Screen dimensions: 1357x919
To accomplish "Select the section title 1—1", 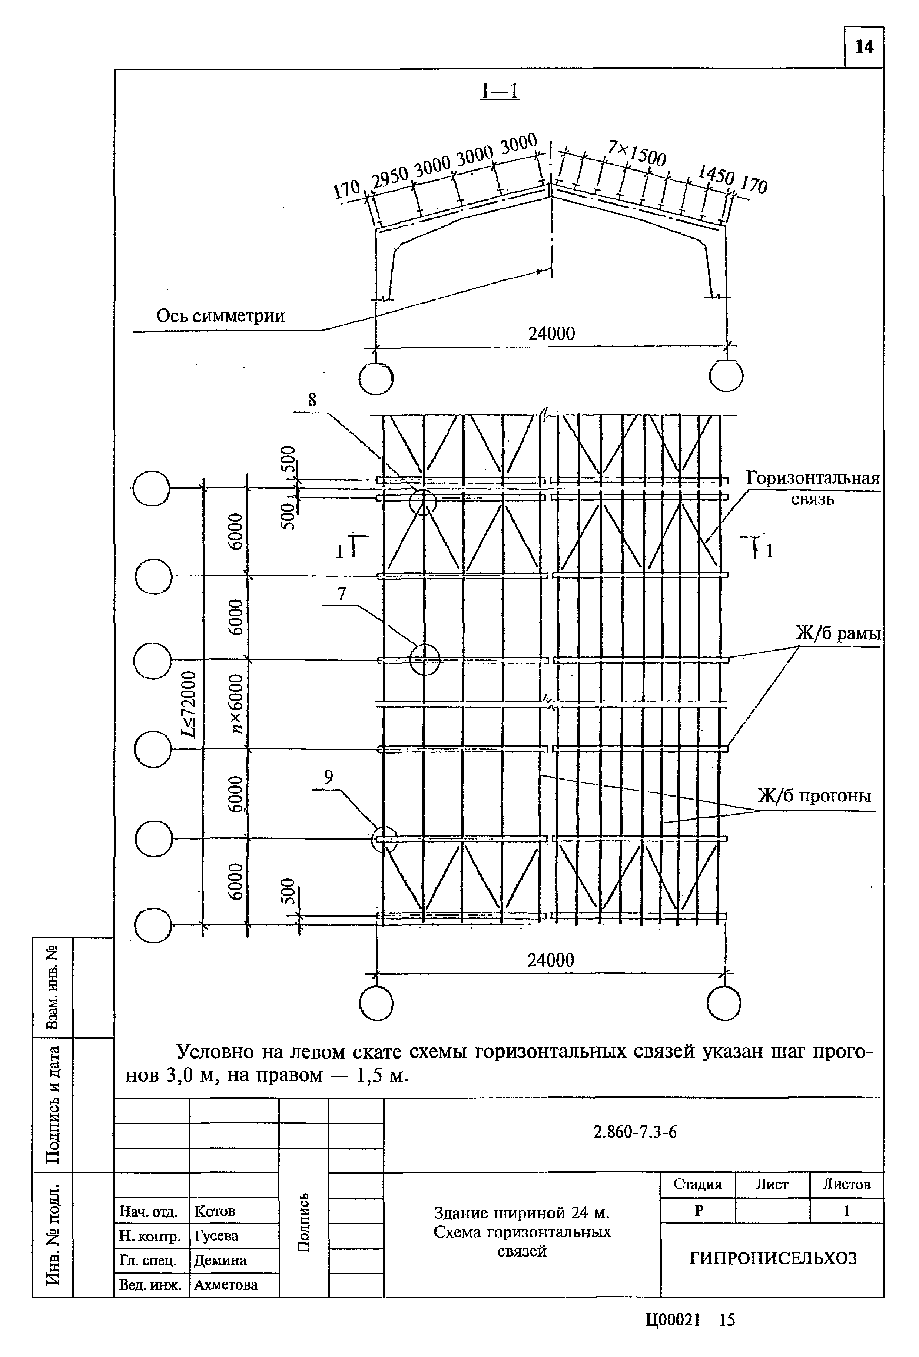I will pos(499,91).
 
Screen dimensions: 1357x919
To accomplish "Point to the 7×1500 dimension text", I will pos(636,153).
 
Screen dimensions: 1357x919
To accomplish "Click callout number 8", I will pos(312,400).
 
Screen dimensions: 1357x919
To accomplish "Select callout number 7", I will pos(342,594).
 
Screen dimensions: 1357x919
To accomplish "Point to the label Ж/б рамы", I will pos(838,633).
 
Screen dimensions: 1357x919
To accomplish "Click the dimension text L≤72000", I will pos(189,704).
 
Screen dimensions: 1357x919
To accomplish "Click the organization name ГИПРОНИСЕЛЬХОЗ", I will pos(773,1258).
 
